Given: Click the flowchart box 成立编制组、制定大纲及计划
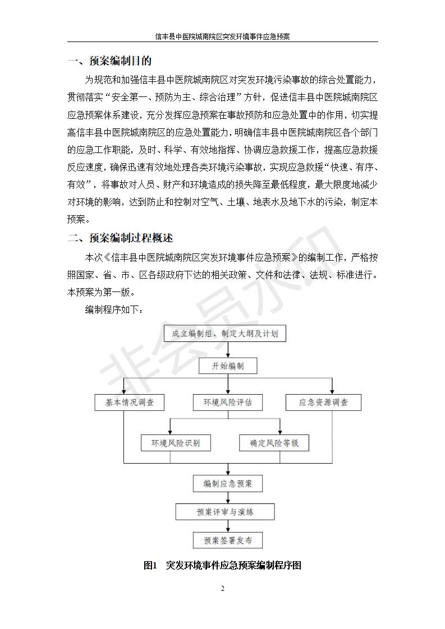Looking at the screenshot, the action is (225, 334).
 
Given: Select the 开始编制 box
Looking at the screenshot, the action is (228, 366).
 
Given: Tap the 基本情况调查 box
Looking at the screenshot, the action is (129, 403).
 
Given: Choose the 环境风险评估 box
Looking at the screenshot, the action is (228, 403).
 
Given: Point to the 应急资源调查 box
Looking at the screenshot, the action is (323, 403).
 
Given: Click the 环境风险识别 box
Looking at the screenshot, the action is (176, 443).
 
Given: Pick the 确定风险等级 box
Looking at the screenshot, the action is (274, 443).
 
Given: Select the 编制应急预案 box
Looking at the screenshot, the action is (228, 483).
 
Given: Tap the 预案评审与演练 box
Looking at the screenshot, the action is (225, 512).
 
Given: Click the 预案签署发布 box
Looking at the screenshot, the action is (228, 540).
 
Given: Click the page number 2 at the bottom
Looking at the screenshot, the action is (222, 589).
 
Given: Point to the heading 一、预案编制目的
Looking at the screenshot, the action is (109, 61).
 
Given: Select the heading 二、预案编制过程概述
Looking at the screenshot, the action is (120, 238).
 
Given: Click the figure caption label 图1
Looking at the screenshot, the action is (150, 566).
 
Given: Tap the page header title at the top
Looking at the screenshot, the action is (222, 36).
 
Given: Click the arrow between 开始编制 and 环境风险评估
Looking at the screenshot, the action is (228, 385).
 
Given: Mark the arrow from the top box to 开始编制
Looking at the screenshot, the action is (228, 350).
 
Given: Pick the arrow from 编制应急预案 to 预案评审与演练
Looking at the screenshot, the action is (228, 497).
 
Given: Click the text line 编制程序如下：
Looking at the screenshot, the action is (114, 309).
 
